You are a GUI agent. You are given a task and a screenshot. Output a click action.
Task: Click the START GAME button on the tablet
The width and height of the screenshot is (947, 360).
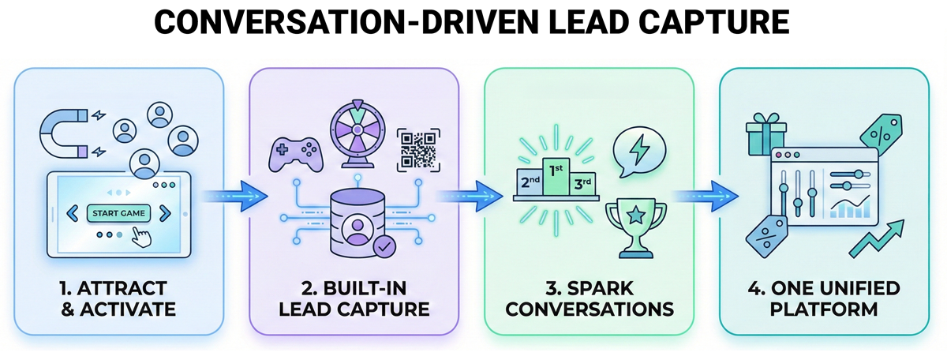pos(115,213)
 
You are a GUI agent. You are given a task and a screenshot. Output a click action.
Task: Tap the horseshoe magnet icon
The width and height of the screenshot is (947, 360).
pos(63,131)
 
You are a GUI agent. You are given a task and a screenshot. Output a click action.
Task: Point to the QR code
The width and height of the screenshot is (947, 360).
pos(416,148)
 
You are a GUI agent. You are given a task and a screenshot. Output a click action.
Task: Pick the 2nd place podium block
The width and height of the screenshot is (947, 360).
pos(528,182)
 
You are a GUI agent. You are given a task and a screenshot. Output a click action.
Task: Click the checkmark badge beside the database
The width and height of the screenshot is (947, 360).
pos(385,247)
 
